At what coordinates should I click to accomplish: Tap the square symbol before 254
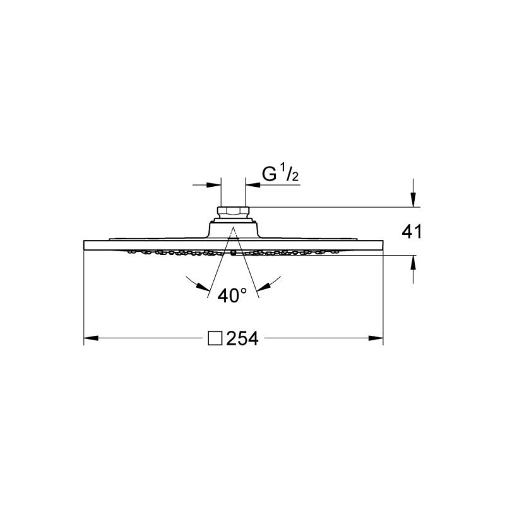coord(215,339)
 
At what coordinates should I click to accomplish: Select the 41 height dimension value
coord(411,232)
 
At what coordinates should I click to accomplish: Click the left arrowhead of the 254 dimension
coord(89,339)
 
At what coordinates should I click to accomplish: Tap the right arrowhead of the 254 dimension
coord(379,339)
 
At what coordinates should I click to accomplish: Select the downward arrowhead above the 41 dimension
coord(413,201)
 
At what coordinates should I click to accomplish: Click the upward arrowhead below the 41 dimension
coord(413,261)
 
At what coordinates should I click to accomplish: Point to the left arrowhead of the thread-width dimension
coord(215,185)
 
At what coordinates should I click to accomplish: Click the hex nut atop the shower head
coord(233,211)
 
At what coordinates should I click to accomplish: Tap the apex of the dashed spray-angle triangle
coord(233,227)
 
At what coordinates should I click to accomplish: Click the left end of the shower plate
coord(85,245)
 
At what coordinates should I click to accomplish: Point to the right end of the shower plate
coord(383,245)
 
